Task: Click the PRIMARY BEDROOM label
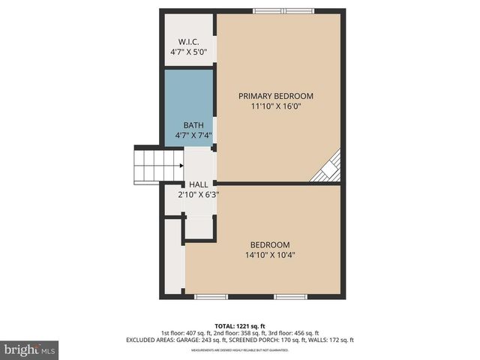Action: click(x=275, y=96)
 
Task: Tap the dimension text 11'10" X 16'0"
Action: click(x=275, y=106)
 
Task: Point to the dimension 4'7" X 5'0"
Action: click(x=189, y=52)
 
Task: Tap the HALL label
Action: click(x=199, y=184)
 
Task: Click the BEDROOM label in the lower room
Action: click(x=270, y=244)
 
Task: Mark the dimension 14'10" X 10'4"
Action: click(x=270, y=255)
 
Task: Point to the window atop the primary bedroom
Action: click(x=284, y=11)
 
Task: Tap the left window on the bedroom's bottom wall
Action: click(x=211, y=296)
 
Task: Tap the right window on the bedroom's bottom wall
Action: click(x=290, y=296)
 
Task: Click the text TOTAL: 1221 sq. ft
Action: click(x=239, y=325)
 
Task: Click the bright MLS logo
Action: click(x=30, y=349)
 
